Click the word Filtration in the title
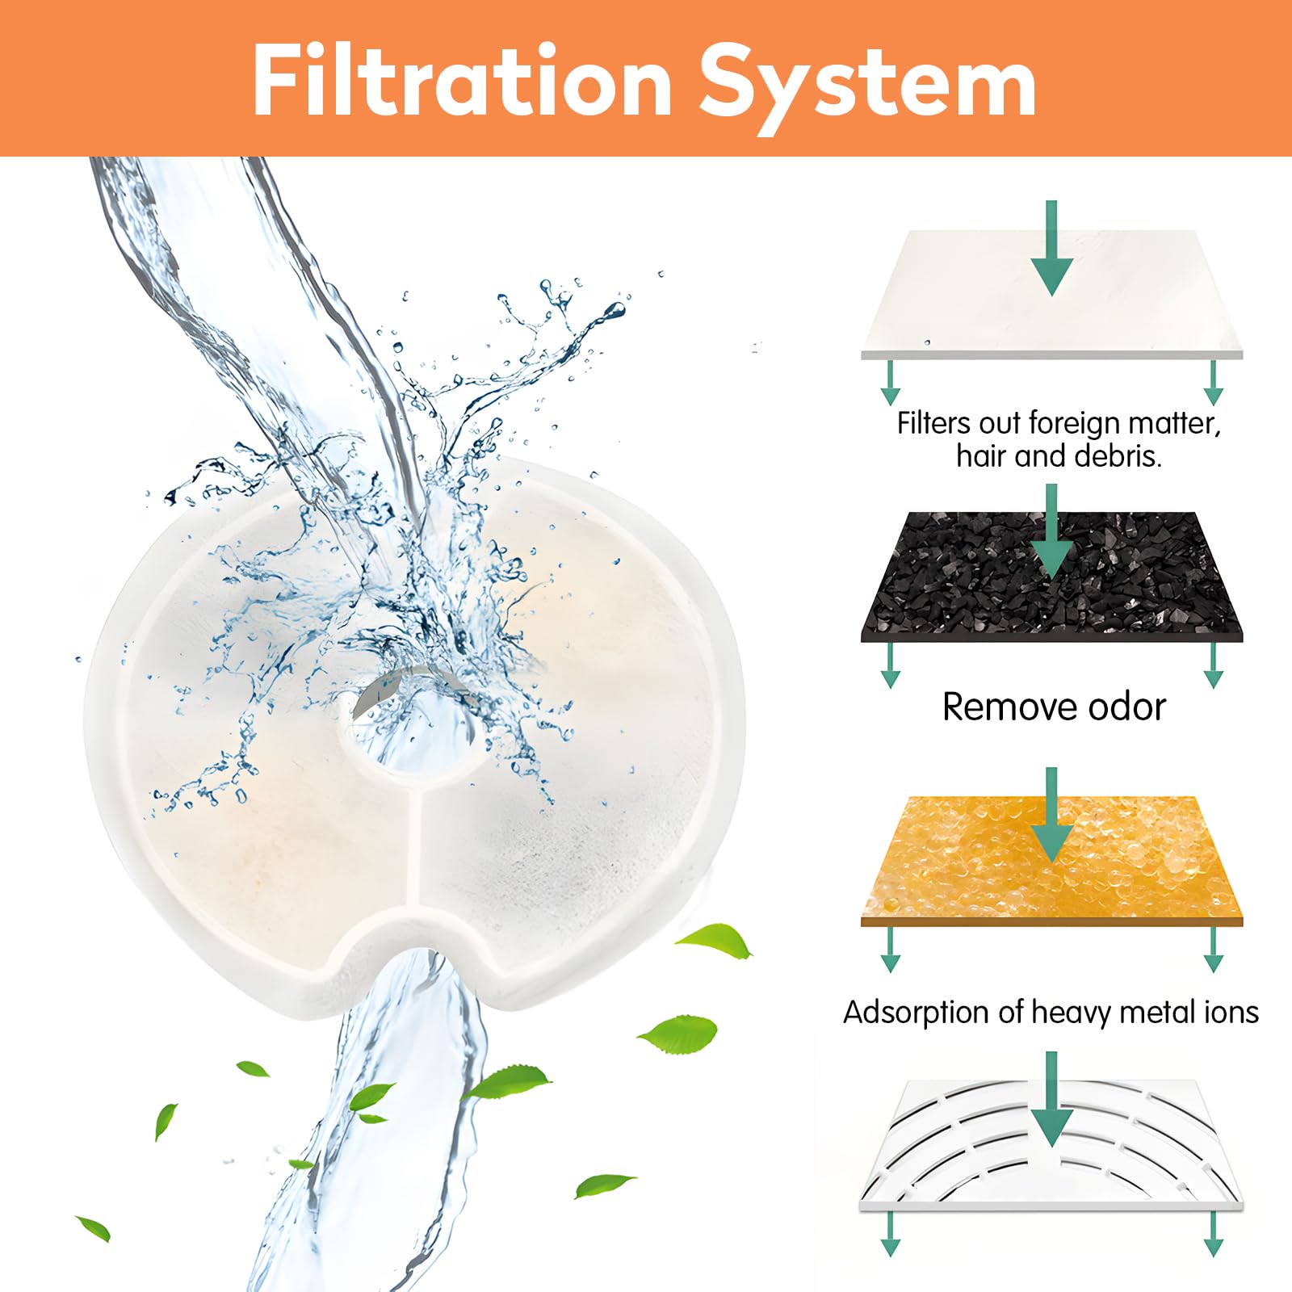463,81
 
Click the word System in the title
867,87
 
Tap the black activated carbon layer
1052,577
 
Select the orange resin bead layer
1052,861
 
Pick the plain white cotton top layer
1052,295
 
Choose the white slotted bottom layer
1052,1145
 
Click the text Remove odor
1054,707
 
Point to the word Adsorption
932,1013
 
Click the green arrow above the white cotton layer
1052,248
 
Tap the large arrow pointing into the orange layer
1052,816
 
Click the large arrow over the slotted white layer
1052,1100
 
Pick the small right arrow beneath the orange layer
1213,950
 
